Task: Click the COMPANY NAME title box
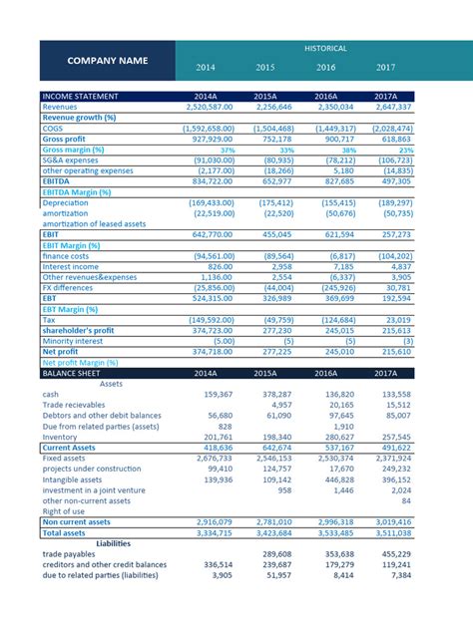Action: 108,61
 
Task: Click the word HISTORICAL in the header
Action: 326,48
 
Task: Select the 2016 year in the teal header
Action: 325,68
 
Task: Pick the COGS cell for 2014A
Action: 207,129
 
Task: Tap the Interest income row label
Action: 72,266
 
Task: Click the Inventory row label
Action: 60,437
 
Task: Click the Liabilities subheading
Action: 112,543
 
